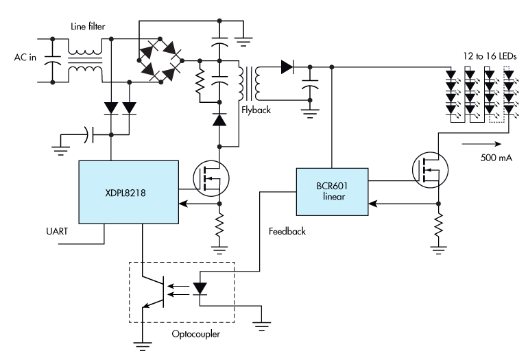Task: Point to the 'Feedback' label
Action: (283, 231)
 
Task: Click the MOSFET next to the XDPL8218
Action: (210, 178)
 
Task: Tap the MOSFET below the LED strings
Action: (429, 169)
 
